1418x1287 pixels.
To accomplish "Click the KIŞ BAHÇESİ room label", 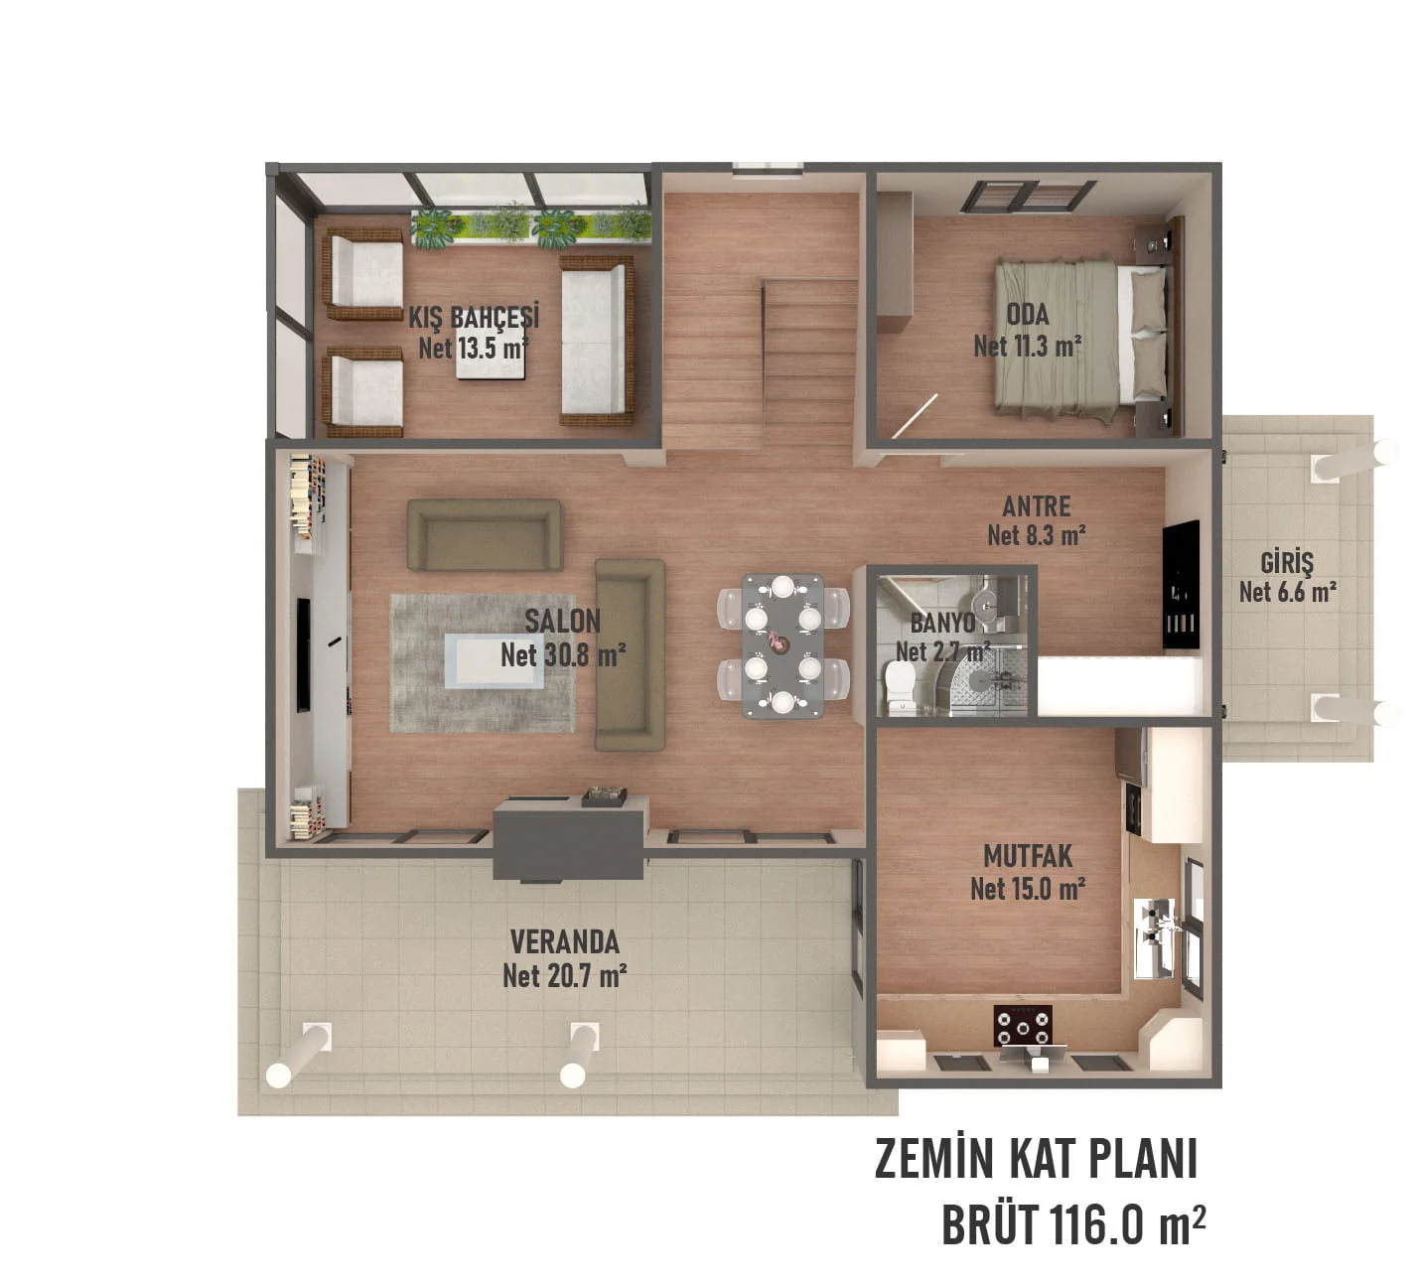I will pyautogui.click(x=474, y=318).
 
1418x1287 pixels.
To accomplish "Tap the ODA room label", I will pyautogui.click(x=1027, y=315).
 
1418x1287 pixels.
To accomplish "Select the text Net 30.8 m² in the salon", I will pyautogui.click(x=562, y=655).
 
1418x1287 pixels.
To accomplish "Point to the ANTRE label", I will pyautogui.click(x=1036, y=506).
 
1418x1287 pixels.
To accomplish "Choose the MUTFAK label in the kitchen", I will pyautogui.click(x=1027, y=856).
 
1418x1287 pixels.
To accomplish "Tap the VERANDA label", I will pyautogui.click(x=564, y=941).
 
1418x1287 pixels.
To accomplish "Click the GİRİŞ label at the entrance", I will pyautogui.click(x=1286, y=563).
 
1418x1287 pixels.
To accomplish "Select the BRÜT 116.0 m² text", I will pyautogui.click(x=1072, y=1225).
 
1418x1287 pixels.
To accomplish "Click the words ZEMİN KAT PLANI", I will pyautogui.click(x=1036, y=1160).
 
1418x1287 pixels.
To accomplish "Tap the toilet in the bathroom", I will pyautogui.click(x=901, y=686).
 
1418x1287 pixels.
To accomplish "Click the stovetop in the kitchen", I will pyautogui.click(x=1023, y=1026).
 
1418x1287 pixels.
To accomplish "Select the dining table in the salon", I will pyautogui.click(x=782, y=644).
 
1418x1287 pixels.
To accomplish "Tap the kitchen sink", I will pyautogui.click(x=1156, y=924).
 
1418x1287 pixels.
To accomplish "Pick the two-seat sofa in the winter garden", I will pyautogui.click(x=596, y=340).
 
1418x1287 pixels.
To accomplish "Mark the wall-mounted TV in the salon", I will pyautogui.click(x=303, y=654).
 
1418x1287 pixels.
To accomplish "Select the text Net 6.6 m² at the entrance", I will pyautogui.click(x=1286, y=593).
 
